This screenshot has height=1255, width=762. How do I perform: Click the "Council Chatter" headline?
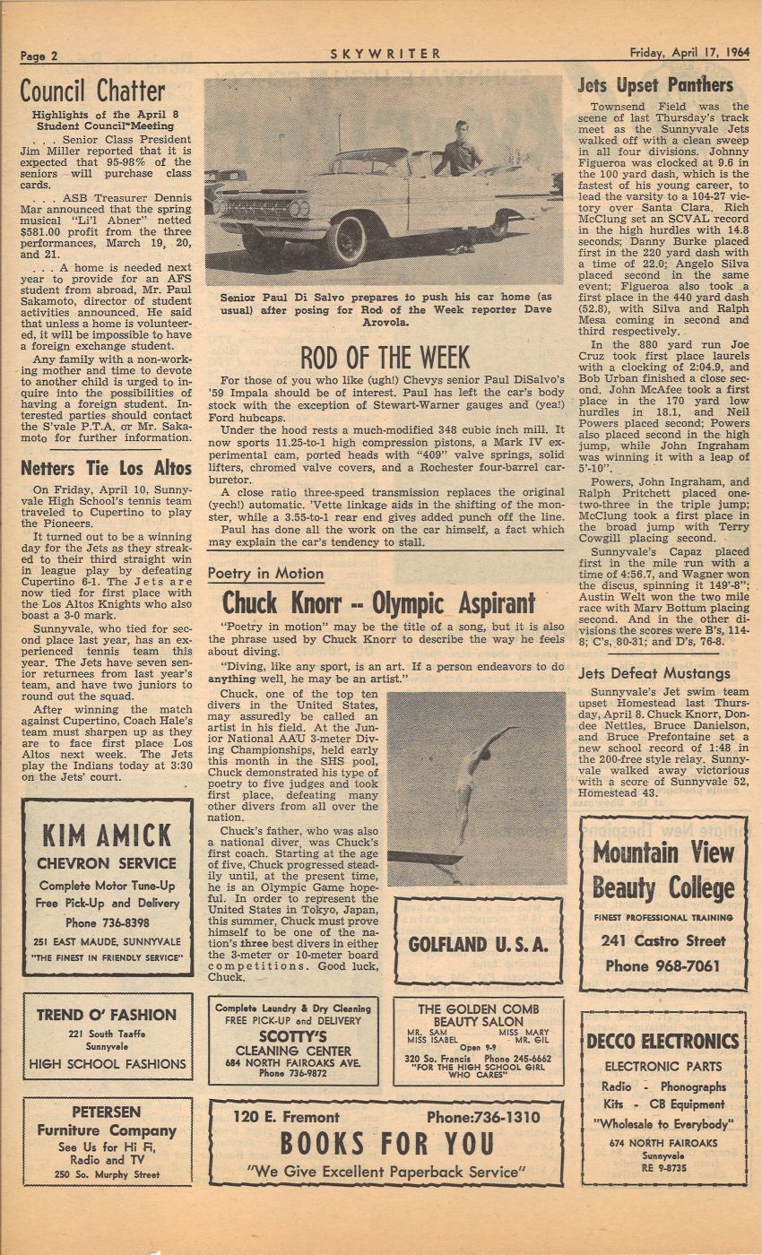pos(93,91)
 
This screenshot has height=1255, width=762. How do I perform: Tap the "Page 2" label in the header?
pos(39,55)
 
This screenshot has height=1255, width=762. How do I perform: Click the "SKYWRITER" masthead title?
pos(385,54)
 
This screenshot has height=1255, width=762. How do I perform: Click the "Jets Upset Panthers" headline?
pos(655,86)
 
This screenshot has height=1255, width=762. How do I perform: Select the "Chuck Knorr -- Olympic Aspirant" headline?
pos(378,603)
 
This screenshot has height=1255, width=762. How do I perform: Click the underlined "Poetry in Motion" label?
pos(265,574)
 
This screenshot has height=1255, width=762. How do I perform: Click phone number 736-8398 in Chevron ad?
pos(108,922)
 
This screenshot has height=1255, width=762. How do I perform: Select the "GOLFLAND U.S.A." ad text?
pos(478,944)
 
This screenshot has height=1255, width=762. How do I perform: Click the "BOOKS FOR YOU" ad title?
pos(386,1144)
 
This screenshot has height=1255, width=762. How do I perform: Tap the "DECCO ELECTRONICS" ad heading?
pos(662,1041)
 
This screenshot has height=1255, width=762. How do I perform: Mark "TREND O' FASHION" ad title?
pos(107,1015)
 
